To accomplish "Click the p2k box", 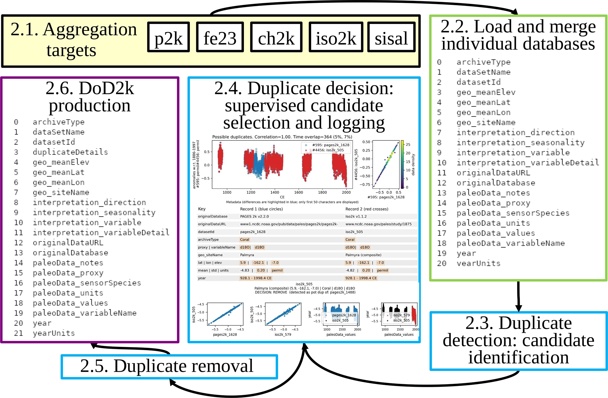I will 168,37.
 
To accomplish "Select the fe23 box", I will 220,37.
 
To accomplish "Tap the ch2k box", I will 276,37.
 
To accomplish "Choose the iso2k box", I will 336,37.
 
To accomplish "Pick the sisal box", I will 391,37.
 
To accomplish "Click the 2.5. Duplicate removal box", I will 169,367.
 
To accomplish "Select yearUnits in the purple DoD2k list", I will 54,333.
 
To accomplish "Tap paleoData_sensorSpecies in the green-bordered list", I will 513,213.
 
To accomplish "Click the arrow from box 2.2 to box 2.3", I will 519,296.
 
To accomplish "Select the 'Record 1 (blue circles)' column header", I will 261,209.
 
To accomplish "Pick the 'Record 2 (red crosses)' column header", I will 367,209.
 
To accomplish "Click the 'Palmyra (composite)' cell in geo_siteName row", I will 363,255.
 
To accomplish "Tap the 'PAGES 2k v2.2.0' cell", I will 254,216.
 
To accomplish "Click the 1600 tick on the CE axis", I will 298,192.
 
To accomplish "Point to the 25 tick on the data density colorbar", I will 408,145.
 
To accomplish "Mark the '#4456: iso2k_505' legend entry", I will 328,150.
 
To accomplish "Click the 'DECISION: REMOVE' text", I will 271,292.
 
